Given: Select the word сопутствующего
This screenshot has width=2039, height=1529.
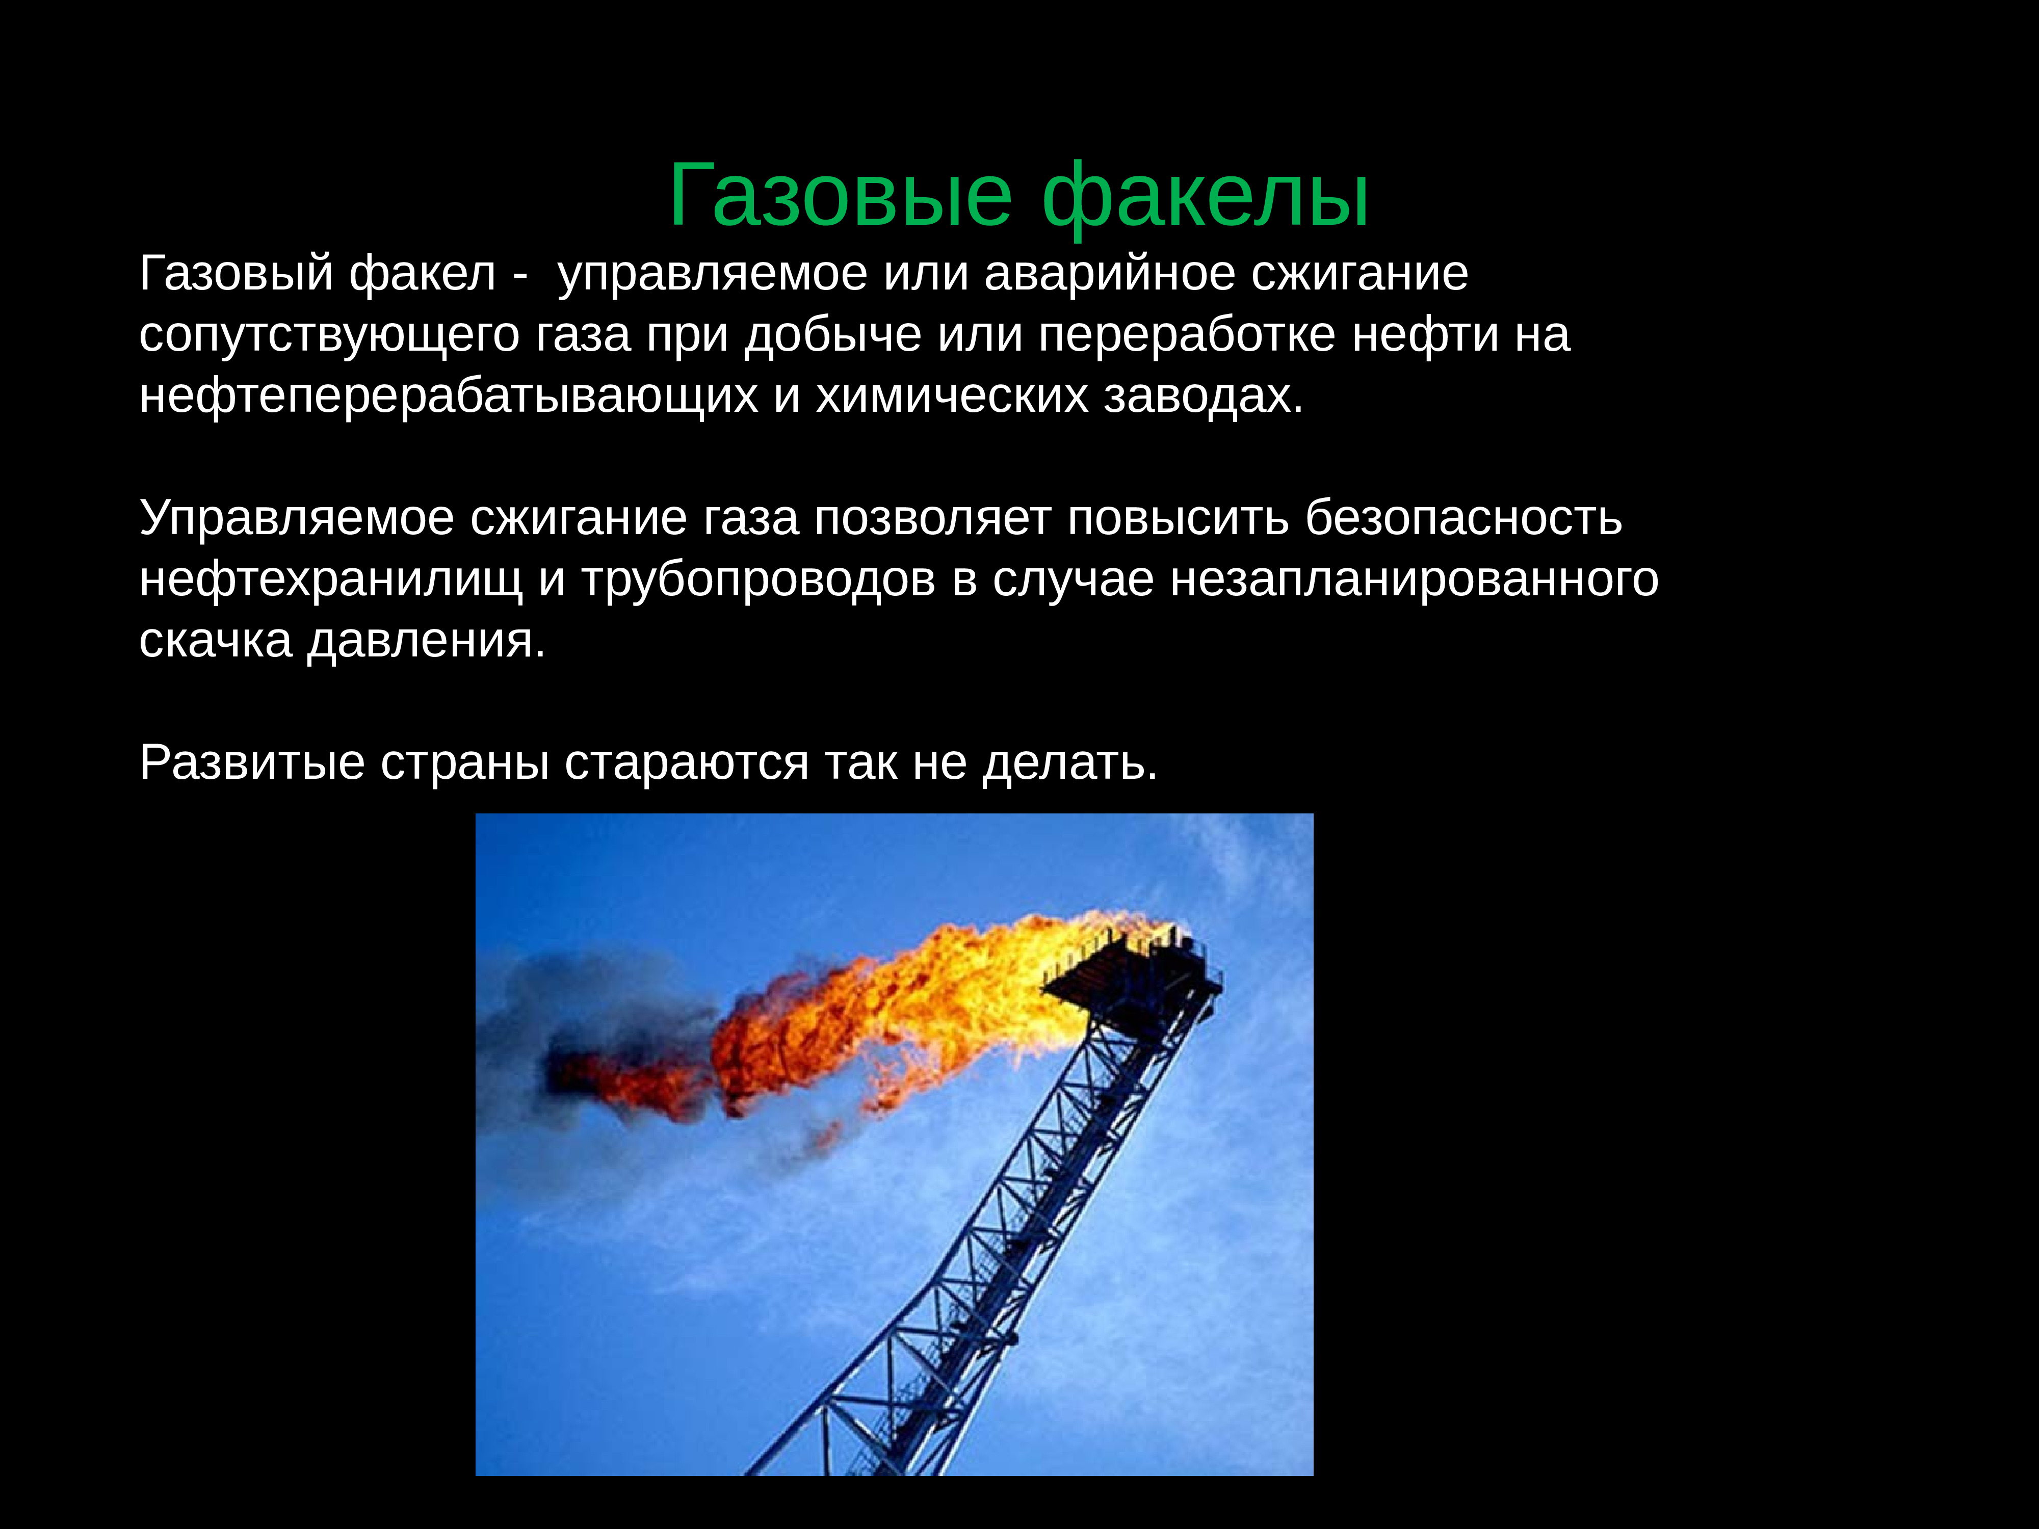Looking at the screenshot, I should [x=329, y=335].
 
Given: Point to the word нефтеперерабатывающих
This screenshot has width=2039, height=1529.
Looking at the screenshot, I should [x=448, y=397].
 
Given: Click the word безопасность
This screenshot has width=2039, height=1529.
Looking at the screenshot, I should [x=1463, y=518].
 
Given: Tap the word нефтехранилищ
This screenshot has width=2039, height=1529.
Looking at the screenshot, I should [x=330, y=579].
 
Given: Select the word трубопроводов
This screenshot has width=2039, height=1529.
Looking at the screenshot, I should [x=757, y=579].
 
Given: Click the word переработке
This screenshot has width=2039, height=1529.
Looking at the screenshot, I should [x=1186, y=335].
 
